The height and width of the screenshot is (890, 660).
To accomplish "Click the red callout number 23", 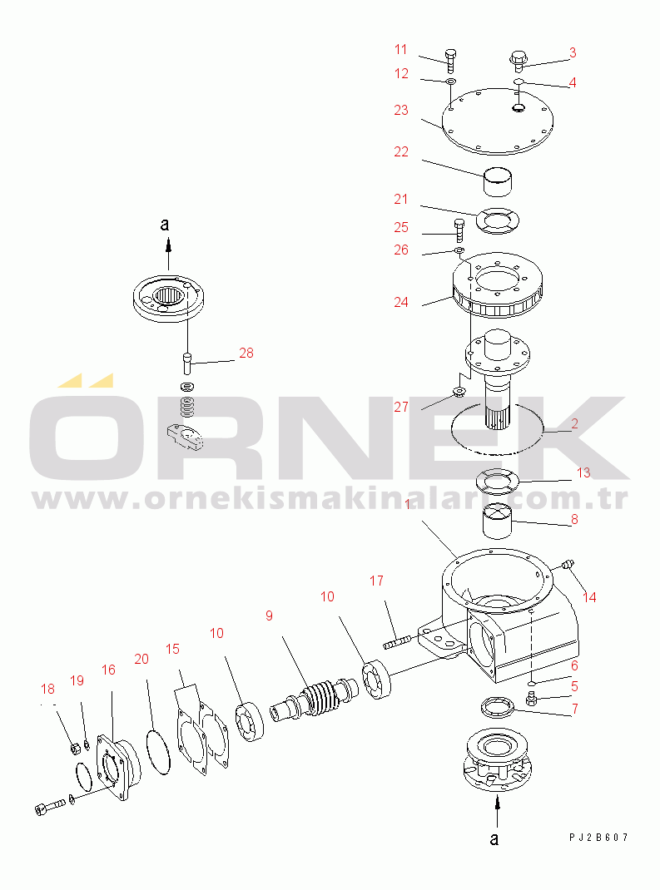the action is pos(401,110).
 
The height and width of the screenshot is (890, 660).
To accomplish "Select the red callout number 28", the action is pos(246,353).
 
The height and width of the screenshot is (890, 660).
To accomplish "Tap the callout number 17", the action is pos(376,581).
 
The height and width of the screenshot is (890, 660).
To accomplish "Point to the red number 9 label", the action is pos(269,616).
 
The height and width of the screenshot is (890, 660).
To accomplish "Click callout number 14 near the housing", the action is pos(589,597).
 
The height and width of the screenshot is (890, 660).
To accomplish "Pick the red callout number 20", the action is pos(141,659).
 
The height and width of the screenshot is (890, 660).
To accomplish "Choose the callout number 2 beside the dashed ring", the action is pos(575,423).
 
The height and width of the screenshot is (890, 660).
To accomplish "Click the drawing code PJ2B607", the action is pos(599,838).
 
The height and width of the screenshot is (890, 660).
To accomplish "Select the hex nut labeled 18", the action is pos(74,749).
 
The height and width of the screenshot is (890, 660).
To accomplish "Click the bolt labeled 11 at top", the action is pos(450,62).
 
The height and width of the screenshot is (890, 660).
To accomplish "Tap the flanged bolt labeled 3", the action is pos(517,61).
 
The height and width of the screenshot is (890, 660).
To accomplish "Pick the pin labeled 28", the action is pos(187,363).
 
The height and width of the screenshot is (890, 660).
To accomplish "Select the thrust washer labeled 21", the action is pos(498,220).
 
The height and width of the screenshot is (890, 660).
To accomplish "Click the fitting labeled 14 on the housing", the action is pos(566,565).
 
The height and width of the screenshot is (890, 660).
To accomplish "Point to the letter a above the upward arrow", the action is pos(165,225).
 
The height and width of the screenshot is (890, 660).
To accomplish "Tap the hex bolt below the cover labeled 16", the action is pos(50,808).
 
